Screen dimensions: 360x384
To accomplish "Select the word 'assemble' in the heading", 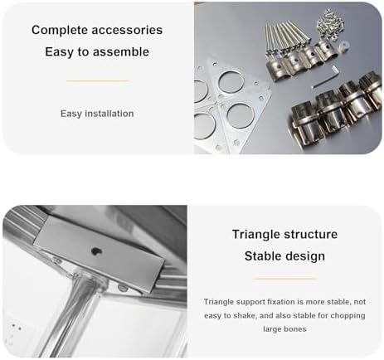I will [x=123, y=51].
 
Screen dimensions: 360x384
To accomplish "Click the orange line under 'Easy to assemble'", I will [x=97, y=80].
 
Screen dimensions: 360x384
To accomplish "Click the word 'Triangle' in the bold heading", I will [x=240, y=234].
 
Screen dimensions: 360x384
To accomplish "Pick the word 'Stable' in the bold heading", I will [x=263, y=255].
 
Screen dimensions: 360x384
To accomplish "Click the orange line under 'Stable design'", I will [x=284, y=279].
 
